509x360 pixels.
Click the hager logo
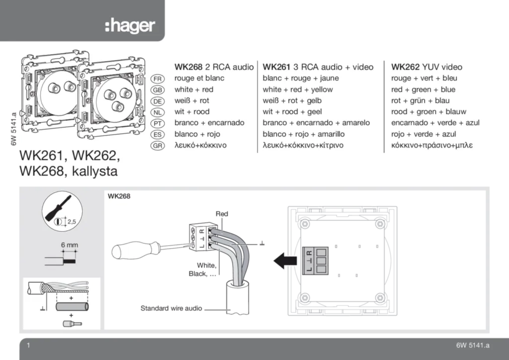(130, 26)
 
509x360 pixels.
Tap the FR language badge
(157, 79)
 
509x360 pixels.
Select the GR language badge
(157, 146)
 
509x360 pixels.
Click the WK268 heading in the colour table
(188, 67)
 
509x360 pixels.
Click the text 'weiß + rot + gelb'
(292, 101)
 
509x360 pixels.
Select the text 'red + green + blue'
(423, 90)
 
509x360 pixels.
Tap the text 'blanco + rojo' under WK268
(197, 134)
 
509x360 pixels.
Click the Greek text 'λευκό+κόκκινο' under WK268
(200, 146)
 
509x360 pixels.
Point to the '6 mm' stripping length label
(69, 245)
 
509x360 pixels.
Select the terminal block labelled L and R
(316, 260)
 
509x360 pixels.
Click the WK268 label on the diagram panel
(119, 196)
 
